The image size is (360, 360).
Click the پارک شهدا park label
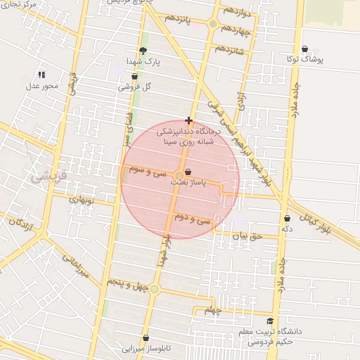(143, 62)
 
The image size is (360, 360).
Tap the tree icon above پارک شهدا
(143, 51)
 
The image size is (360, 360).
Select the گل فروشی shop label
(137, 87)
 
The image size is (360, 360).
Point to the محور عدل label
(41, 86)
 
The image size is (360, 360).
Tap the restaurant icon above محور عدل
(41, 75)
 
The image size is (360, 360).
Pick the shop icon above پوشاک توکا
(304, 49)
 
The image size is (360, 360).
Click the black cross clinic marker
(188, 121)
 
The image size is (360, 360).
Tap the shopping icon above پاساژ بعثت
(188, 172)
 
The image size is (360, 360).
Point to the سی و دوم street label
(195, 219)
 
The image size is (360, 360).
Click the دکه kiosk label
(287, 229)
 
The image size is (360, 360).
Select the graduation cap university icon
(269, 321)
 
